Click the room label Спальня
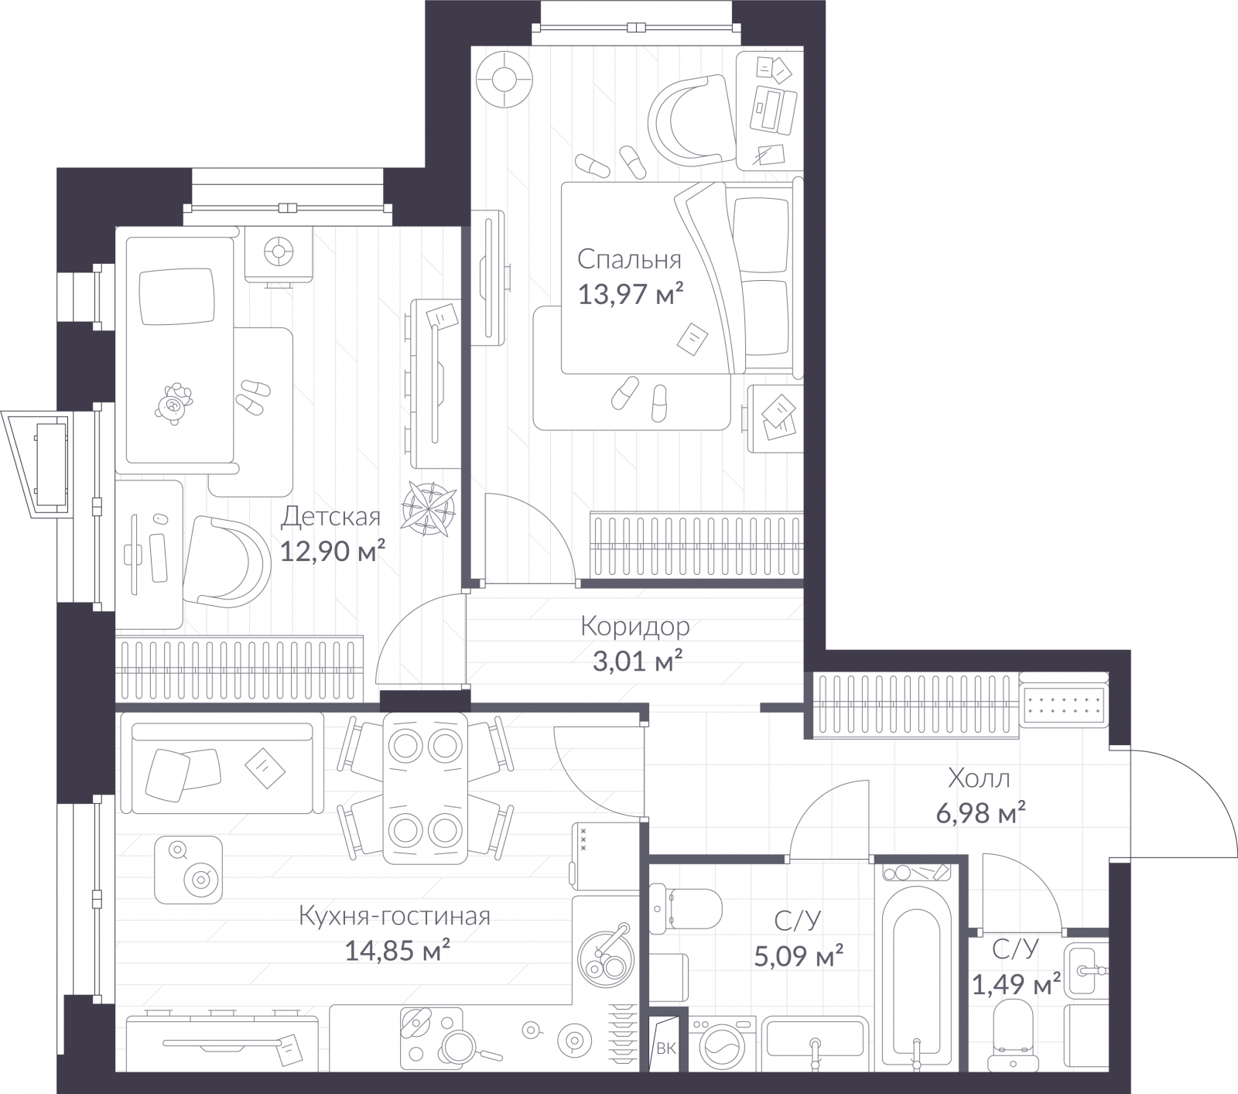pyautogui.click(x=629, y=260)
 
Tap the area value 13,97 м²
pyautogui.click(x=631, y=294)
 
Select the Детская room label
pyautogui.click(x=331, y=516)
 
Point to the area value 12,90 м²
pyautogui.click(x=333, y=551)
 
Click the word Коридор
pyautogui.click(x=634, y=627)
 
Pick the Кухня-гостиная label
pyautogui.click(x=395, y=916)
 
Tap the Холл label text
pyautogui.click(x=979, y=778)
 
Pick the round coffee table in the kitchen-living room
pyautogui.click(x=188, y=870)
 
